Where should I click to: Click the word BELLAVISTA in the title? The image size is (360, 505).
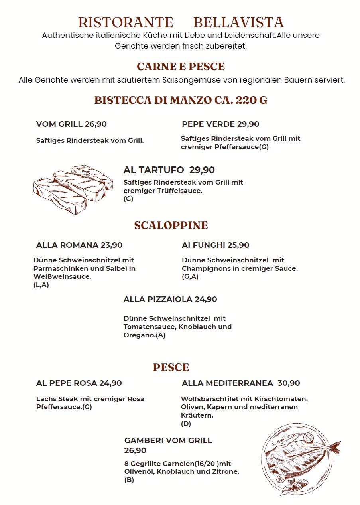pos(238,22)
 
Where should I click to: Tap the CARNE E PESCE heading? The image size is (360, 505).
pos(181,66)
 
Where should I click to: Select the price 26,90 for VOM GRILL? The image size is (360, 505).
pos(96,124)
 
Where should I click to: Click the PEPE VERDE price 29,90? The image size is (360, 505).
pos(248,124)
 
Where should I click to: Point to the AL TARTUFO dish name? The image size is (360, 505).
pos(153,170)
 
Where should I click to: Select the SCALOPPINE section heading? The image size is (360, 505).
pos(171,225)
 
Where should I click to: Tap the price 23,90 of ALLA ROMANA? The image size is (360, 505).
pos(112,245)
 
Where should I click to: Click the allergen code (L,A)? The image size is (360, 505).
pos(41,285)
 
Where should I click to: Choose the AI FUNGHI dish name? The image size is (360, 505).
pos(203,245)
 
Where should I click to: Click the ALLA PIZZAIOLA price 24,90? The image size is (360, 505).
pos(206,299)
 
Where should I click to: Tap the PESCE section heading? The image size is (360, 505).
pos(171,367)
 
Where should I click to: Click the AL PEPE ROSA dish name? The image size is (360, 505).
pos(67,383)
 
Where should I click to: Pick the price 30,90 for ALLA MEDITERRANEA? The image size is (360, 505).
pos(289,383)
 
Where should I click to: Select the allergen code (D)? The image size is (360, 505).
pos(186,424)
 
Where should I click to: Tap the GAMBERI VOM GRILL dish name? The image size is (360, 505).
pos(168,440)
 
